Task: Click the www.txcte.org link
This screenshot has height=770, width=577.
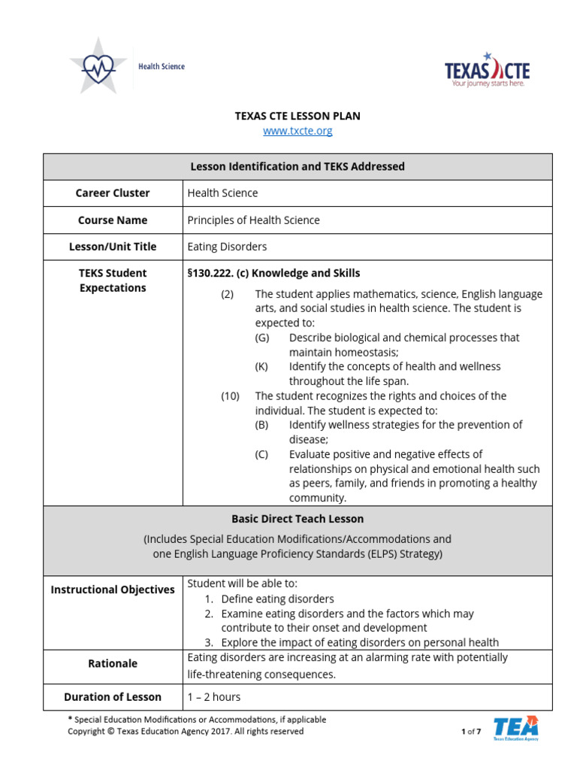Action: tap(298, 131)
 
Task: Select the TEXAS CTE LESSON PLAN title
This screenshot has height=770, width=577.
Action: tap(298, 116)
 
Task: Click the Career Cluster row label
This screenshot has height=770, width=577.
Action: tap(113, 193)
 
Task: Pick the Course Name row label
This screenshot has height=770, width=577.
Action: tap(113, 220)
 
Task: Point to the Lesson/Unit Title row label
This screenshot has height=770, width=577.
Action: tap(113, 247)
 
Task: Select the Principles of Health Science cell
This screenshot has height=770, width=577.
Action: tap(253, 220)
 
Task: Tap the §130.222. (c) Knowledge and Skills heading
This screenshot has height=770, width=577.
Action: tap(273, 273)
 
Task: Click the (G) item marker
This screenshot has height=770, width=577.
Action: tap(261, 338)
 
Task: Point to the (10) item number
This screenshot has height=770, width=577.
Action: tap(229, 396)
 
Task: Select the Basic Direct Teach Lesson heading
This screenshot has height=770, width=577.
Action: tap(298, 519)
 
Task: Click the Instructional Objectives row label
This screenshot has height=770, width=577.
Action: tap(113, 590)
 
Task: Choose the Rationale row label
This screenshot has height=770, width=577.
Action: tap(113, 663)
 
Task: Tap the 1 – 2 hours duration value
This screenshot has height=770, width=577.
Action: tap(213, 697)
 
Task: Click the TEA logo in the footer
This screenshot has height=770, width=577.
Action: tap(515, 728)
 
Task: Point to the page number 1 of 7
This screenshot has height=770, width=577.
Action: tap(470, 732)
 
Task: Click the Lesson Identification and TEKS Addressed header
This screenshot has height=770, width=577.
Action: tap(298, 167)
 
